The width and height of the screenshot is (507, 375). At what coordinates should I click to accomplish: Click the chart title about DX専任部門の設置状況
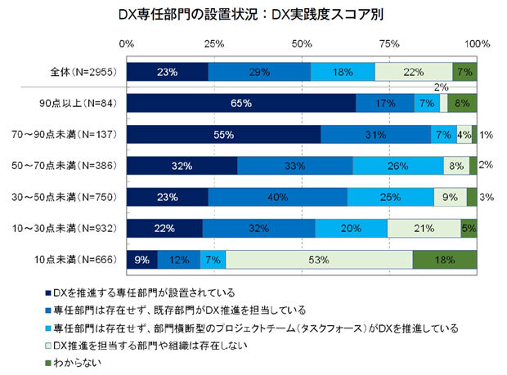coord(246,15)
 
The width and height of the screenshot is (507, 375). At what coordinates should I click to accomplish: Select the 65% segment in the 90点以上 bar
coord(241,103)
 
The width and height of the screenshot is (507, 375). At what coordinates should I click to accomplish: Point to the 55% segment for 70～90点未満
coord(223,134)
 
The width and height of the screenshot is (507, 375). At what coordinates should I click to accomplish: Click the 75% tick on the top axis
coord(390,42)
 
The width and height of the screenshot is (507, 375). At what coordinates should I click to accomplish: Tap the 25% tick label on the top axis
coord(215,42)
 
